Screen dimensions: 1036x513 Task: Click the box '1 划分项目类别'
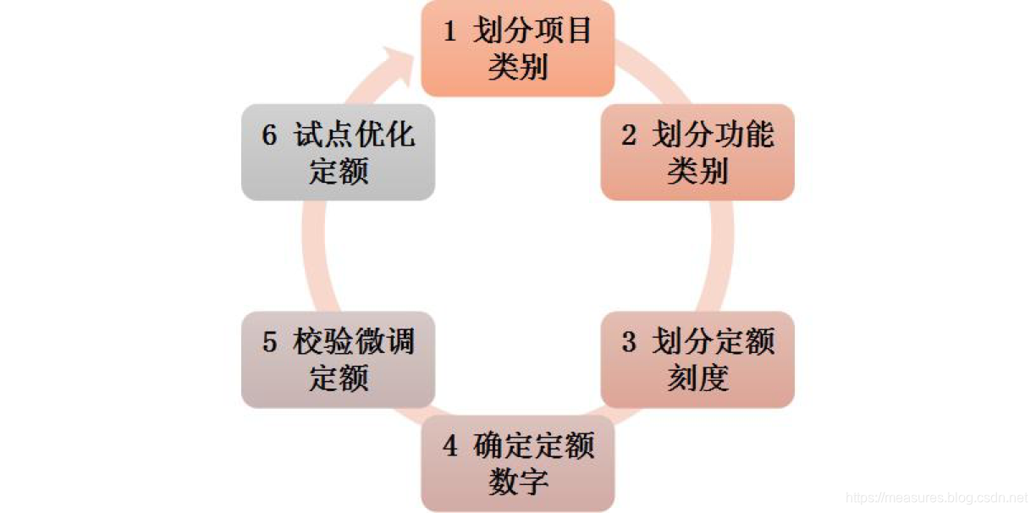pyautogui.click(x=517, y=48)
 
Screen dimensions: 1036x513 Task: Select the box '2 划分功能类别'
pyautogui.click(x=697, y=152)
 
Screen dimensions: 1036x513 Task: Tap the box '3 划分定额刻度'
pyautogui.click(x=697, y=360)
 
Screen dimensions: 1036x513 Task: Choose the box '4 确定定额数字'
pyautogui.click(x=517, y=463)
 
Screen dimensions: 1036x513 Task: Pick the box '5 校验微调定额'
pyautogui.click(x=338, y=360)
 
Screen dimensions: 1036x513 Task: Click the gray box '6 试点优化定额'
pyautogui.click(x=338, y=152)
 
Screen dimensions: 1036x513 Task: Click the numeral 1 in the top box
pyautogui.click(x=450, y=31)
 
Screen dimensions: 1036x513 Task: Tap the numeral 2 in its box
pyautogui.click(x=629, y=135)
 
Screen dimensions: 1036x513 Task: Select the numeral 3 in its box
pyautogui.click(x=629, y=343)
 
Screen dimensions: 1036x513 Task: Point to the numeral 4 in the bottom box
pyautogui.click(x=450, y=446)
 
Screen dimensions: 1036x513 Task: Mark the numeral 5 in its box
pyautogui.click(x=270, y=343)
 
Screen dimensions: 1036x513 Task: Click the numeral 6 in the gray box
pyautogui.click(x=270, y=135)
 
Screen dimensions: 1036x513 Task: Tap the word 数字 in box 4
pyautogui.click(x=518, y=482)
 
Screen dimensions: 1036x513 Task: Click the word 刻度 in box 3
pyautogui.click(x=697, y=378)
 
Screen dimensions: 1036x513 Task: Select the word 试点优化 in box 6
pyautogui.click(x=355, y=135)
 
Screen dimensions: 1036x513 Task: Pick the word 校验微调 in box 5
pyautogui.click(x=355, y=342)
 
